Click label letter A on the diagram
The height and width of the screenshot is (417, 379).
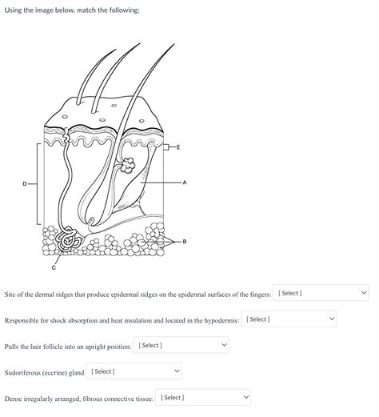(x=185, y=183)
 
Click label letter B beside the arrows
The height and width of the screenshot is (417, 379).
(x=185, y=241)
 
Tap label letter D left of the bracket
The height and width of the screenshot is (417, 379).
(x=24, y=184)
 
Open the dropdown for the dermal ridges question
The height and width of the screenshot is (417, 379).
(x=321, y=293)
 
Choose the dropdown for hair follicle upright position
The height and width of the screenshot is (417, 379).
(x=182, y=345)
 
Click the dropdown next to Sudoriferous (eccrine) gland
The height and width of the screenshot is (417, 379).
(x=134, y=371)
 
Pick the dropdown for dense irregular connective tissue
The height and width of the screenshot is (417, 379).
(x=203, y=397)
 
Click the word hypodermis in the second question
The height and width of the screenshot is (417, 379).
(x=218, y=320)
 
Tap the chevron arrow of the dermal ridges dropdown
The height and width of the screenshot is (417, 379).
(x=364, y=293)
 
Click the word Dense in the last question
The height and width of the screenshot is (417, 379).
(x=14, y=398)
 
